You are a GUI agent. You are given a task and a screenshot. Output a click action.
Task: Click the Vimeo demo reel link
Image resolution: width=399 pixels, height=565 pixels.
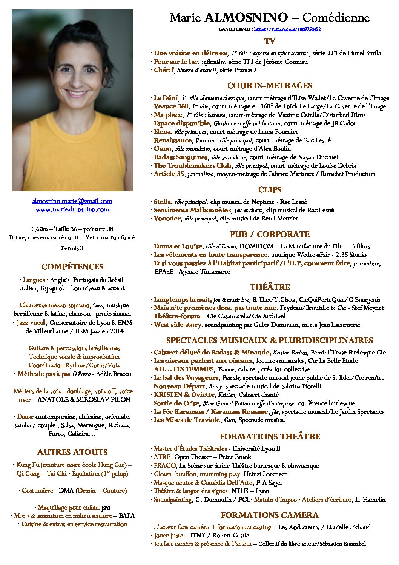(x=287, y=29)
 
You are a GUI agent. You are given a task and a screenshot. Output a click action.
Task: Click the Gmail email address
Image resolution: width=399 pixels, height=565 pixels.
(x=72, y=201)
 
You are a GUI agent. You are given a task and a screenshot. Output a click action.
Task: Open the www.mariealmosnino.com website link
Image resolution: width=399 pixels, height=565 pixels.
(x=72, y=209)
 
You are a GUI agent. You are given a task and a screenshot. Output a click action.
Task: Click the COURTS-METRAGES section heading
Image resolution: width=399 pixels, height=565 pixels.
(x=270, y=86)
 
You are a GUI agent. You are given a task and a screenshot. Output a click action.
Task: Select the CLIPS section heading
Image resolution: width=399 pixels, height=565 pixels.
(x=270, y=190)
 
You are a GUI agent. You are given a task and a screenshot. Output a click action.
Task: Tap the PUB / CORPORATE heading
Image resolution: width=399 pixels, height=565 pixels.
(x=270, y=234)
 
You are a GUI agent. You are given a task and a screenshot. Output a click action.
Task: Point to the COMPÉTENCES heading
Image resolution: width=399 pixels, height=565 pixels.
(x=72, y=267)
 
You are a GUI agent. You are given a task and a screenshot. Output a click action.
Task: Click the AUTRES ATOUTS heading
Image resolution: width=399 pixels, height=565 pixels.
(x=72, y=452)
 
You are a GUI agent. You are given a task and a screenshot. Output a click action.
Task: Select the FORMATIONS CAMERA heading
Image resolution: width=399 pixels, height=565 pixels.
(x=270, y=515)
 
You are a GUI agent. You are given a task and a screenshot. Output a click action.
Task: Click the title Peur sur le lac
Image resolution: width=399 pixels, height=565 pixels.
(x=175, y=62)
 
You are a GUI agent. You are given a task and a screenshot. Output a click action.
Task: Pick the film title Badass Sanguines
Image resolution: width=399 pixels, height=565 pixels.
(x=180, y=157)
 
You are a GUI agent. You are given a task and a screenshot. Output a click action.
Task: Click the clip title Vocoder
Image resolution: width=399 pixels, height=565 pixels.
(x=167, y=218)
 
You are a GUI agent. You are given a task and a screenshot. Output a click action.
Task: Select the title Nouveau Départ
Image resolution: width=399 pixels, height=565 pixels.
(x=179, y=386)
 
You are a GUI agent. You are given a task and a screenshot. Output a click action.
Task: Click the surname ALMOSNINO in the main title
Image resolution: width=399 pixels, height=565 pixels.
(x=246, y=17)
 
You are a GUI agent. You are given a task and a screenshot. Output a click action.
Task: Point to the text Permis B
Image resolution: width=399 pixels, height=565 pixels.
(x=72, y=248)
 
